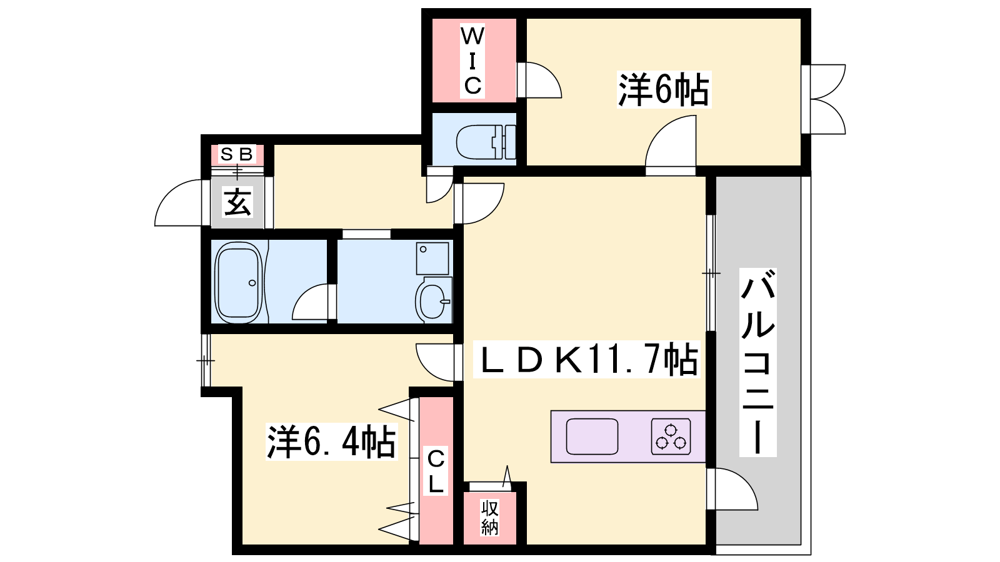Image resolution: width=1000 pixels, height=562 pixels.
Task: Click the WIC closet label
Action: (x=472, y=61)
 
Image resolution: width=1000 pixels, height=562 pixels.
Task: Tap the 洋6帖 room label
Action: (x=664, y=90)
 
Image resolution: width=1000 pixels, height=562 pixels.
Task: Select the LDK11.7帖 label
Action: (x=586, y=359)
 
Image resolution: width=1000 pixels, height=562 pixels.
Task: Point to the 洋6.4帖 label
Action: (x=331, y=442)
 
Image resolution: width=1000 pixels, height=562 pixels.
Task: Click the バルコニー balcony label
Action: (x=757, y=362)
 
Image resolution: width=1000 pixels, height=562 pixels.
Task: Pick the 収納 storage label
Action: (x=490, y=518)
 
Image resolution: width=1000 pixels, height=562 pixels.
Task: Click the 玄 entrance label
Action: (x=237, y=202)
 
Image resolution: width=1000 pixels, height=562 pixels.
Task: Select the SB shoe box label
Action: (x=237, y=154)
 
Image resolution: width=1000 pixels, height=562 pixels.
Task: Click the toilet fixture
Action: (x=486, y=142)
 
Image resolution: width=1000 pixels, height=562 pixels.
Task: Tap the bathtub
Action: (x=238, y=283)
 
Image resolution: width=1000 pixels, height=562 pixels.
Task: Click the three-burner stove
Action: (x=671, y=436)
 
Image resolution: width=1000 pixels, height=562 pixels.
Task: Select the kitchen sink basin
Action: (x=592, y=436)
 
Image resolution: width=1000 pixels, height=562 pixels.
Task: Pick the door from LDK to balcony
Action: (x=732, y=489)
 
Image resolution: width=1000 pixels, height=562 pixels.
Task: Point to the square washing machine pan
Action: (x=432, y=259)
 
